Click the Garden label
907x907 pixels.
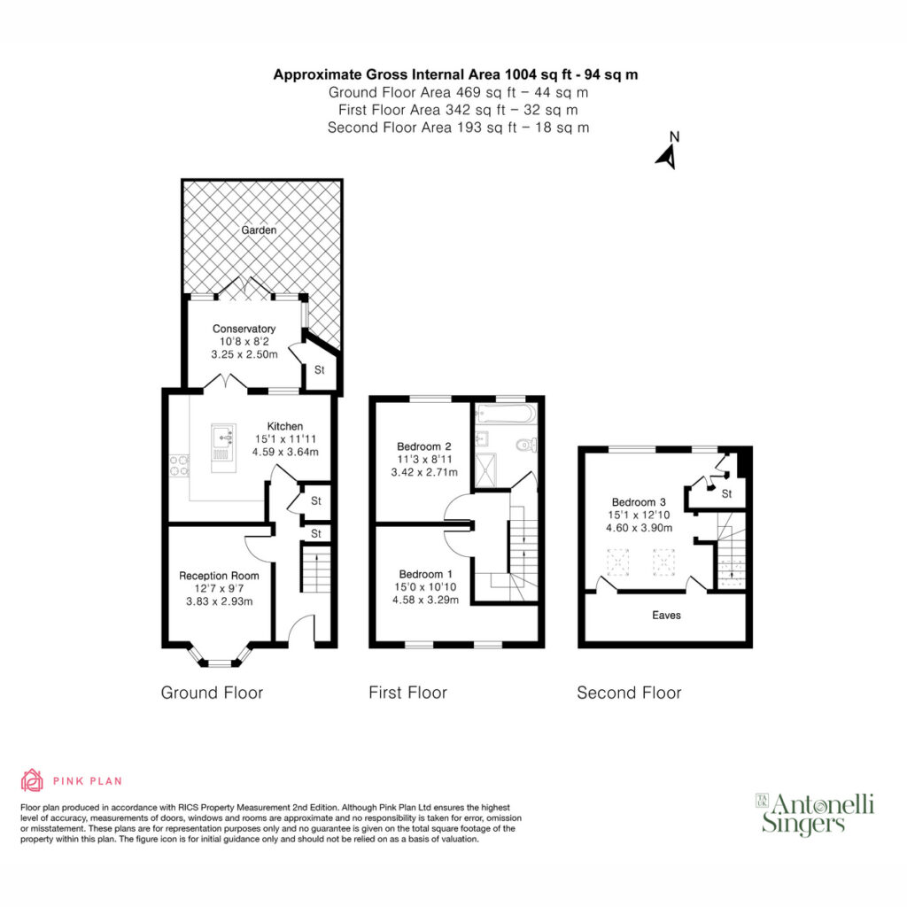(x=259, y=230)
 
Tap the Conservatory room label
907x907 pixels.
(x=244, y=329)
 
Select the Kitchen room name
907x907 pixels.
(x=284, y=426)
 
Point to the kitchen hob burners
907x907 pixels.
(x=179, y=466)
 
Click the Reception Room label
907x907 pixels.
(x=219, y=576)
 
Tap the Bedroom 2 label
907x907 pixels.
(x=424, y=446)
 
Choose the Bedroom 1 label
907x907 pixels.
(x=425, y=574)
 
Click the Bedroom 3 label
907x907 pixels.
(x=639, y=502)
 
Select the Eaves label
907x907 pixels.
(x=666, y=616)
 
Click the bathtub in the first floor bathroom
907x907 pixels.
(x=506, y=415)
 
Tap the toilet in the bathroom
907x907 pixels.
(x=526, y=445)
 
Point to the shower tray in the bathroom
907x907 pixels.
(x=485, y=469)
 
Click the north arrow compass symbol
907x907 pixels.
(x=668, y=152)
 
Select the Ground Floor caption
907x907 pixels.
(x=212, y=693)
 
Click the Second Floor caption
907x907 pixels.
(x=629, y=693)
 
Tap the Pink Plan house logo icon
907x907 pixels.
(x=32, y=780)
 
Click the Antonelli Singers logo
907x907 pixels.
(x=815, y=813)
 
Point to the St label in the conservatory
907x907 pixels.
(x=319, y=369)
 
